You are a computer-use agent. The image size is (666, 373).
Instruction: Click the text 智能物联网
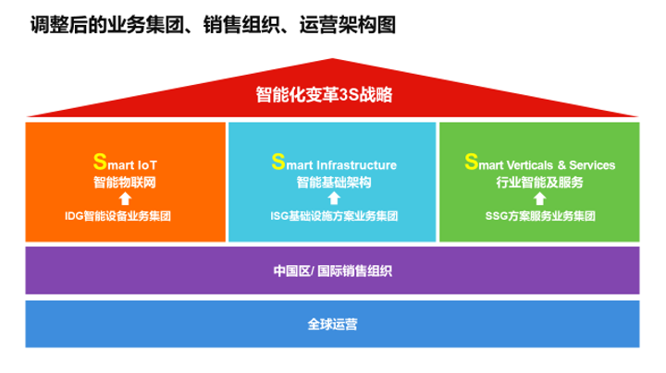coord(125,182)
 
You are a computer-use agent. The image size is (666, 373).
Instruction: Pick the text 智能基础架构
coord(333,182)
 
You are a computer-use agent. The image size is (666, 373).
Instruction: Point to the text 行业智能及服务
coord(539,182)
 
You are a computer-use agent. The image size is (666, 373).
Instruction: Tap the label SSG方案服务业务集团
coord(539,216)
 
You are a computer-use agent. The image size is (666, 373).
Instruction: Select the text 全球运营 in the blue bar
coord(333,324)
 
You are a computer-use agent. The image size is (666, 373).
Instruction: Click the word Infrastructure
coord(356,165)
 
